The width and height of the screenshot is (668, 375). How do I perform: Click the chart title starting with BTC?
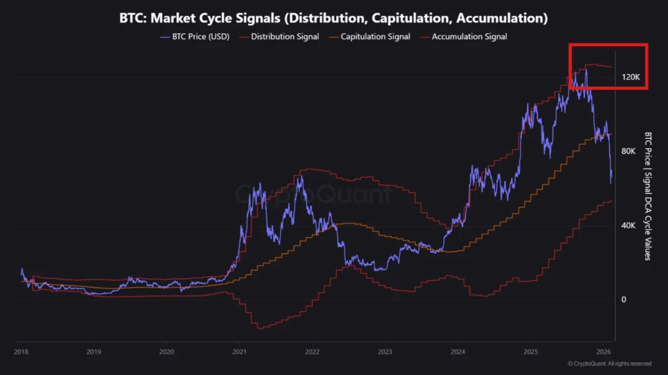pos(333,18)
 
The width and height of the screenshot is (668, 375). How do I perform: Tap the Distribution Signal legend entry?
pos(285,36)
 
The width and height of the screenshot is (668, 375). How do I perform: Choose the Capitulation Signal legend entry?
pos(375,36)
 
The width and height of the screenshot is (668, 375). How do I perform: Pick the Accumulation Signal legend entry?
pos(469,36)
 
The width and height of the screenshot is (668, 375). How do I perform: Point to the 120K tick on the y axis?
pos(630,77)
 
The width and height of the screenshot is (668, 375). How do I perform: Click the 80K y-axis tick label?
pos(628,151)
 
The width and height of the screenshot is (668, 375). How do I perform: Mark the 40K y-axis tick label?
pos(628,225)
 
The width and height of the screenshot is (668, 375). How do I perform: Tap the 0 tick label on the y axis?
pos(623,300)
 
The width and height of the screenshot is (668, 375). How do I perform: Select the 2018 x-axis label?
pos(21,352)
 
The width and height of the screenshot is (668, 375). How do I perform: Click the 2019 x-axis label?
pos(93,352)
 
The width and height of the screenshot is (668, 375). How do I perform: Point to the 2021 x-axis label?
pos(239,352)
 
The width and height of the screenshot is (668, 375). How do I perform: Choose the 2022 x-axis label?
pos(312,352)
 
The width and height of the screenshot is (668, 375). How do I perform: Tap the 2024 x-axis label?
pos(458,352)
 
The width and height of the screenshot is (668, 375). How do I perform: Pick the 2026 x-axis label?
pos(603,352)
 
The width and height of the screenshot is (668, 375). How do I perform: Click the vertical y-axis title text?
pos(648,196)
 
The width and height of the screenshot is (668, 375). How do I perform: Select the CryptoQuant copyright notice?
pos(609,364)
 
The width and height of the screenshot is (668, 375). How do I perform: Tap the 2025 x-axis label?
pos(531,352)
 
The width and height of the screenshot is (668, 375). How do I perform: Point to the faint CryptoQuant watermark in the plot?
pos(314,194)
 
